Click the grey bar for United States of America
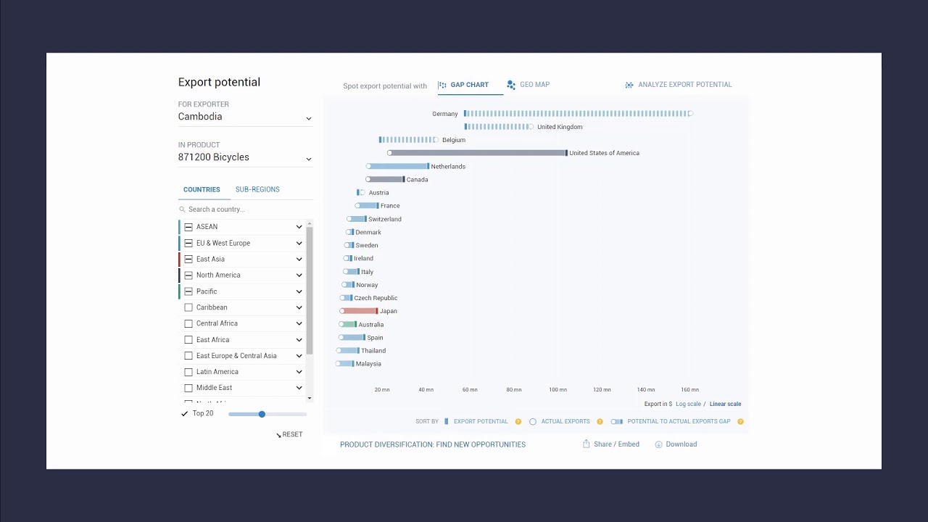click(478, 153)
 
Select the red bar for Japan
click(360, 311)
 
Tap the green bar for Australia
click(349, 325)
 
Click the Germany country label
click(444, 114)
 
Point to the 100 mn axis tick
click(558, 390)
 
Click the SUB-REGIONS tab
click(257, 190)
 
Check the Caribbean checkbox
click(188, 307)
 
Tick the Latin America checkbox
click(188, 372)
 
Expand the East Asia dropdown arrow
click(299, 260)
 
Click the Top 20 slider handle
click(262, 414)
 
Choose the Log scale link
click(688, 405)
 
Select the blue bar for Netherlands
click(399, 167)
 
